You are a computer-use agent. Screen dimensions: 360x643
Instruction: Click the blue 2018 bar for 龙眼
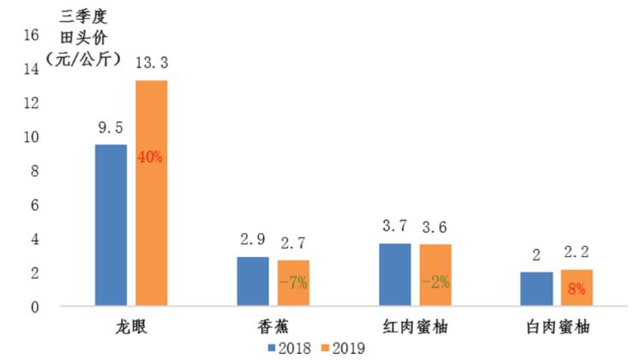coord(111,225)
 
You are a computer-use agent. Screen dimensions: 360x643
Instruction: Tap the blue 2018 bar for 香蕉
coord(253,281)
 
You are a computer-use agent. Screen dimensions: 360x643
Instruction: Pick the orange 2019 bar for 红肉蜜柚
coord(434,275)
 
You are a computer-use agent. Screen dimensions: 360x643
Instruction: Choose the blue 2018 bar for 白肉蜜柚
coord(536,289)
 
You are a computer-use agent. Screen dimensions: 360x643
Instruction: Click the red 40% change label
coord(150,157)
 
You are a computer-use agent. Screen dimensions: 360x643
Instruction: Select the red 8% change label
coord(575,289)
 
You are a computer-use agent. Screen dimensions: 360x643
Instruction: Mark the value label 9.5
coord(111,127)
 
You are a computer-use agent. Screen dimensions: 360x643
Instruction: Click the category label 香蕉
coord(272,327)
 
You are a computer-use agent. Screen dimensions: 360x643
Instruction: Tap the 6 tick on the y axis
coord(35,206)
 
